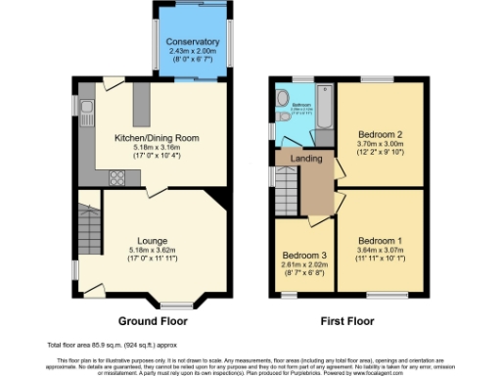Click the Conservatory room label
tap(192, 41)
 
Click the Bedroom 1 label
tap(380, 241)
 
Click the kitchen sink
tap(86, 109)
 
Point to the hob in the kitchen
tap(115, 177)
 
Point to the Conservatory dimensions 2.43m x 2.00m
tap(192, 51)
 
